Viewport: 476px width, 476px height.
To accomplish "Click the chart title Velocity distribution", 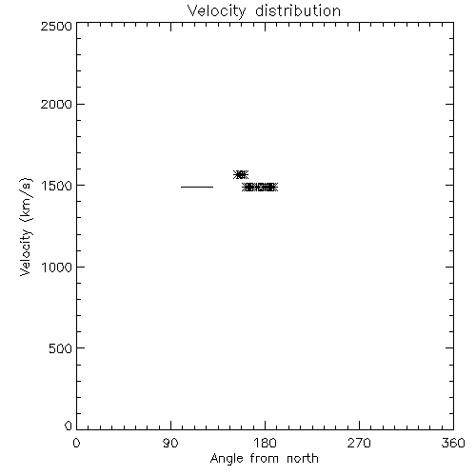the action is pos(264,11).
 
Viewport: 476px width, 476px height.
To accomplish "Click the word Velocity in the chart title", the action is pos(216,11).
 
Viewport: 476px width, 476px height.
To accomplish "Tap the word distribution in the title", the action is pos(298,10).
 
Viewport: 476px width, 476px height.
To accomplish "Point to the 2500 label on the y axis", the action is pos(56,26).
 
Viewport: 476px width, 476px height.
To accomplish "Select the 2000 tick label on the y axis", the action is pos(56,104).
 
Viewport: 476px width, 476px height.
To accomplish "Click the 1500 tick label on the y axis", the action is pos(56,186).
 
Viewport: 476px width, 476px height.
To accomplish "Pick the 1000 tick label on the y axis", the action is pos(56,268).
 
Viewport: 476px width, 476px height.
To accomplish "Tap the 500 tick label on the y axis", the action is pos(60,348).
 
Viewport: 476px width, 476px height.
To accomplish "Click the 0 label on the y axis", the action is pos(69,426).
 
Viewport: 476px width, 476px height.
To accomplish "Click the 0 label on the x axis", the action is pos(76,443).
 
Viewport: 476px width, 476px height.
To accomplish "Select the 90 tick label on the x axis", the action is pos(170,443).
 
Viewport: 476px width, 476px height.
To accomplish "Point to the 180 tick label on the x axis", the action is pos(265,443).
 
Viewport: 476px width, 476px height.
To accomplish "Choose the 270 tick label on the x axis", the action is pos(359,443).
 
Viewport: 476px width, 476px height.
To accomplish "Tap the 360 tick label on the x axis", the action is pos(453,443).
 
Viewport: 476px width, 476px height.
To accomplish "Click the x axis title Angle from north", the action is pos(265,459).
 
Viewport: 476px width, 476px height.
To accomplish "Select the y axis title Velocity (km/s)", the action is pos(26,227).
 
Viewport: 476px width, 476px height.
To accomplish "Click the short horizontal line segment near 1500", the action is pos(197,187).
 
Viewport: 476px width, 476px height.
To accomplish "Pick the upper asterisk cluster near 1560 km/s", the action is pos(241,174).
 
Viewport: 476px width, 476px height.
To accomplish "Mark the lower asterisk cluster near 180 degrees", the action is pos(260,188).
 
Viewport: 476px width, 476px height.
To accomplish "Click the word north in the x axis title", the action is pos(303,458).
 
